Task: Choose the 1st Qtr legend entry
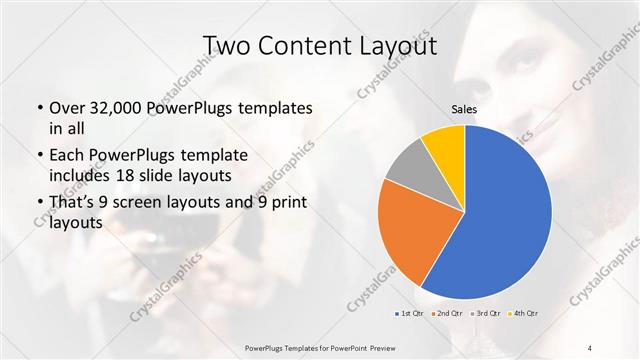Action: point(408,314)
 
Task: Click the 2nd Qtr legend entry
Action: point(446,314)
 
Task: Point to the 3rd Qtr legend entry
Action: point(486,314)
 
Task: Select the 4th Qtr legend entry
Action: point(525,314)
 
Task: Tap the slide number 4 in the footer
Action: point(590,348)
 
